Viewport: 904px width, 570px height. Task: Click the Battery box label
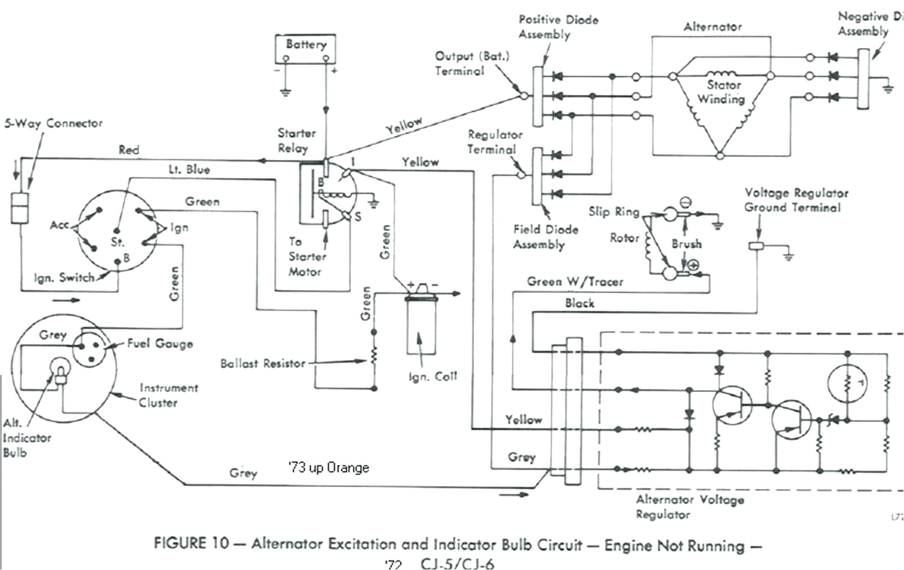pos(306,44)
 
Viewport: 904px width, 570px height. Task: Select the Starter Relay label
pos(295,141)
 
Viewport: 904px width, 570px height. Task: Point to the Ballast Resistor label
pos(262,363)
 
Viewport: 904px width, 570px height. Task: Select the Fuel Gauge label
pos(159,343)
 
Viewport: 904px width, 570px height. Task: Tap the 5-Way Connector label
pos(54,123)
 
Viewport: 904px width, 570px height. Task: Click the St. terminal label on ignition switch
pos(118,242)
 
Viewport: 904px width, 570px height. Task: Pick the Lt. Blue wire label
pos(189,169)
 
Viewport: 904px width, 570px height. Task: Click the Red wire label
pos(128,150)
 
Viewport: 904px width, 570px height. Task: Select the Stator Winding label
pos(722,92)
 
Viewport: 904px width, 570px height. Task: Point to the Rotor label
pos(624,238)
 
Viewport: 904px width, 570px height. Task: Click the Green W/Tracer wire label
pos(575,281)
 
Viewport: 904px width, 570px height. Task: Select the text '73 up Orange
pos(328,468)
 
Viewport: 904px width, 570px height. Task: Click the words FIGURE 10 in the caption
pos(191,543)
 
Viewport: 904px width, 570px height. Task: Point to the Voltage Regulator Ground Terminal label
pos(796,200)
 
